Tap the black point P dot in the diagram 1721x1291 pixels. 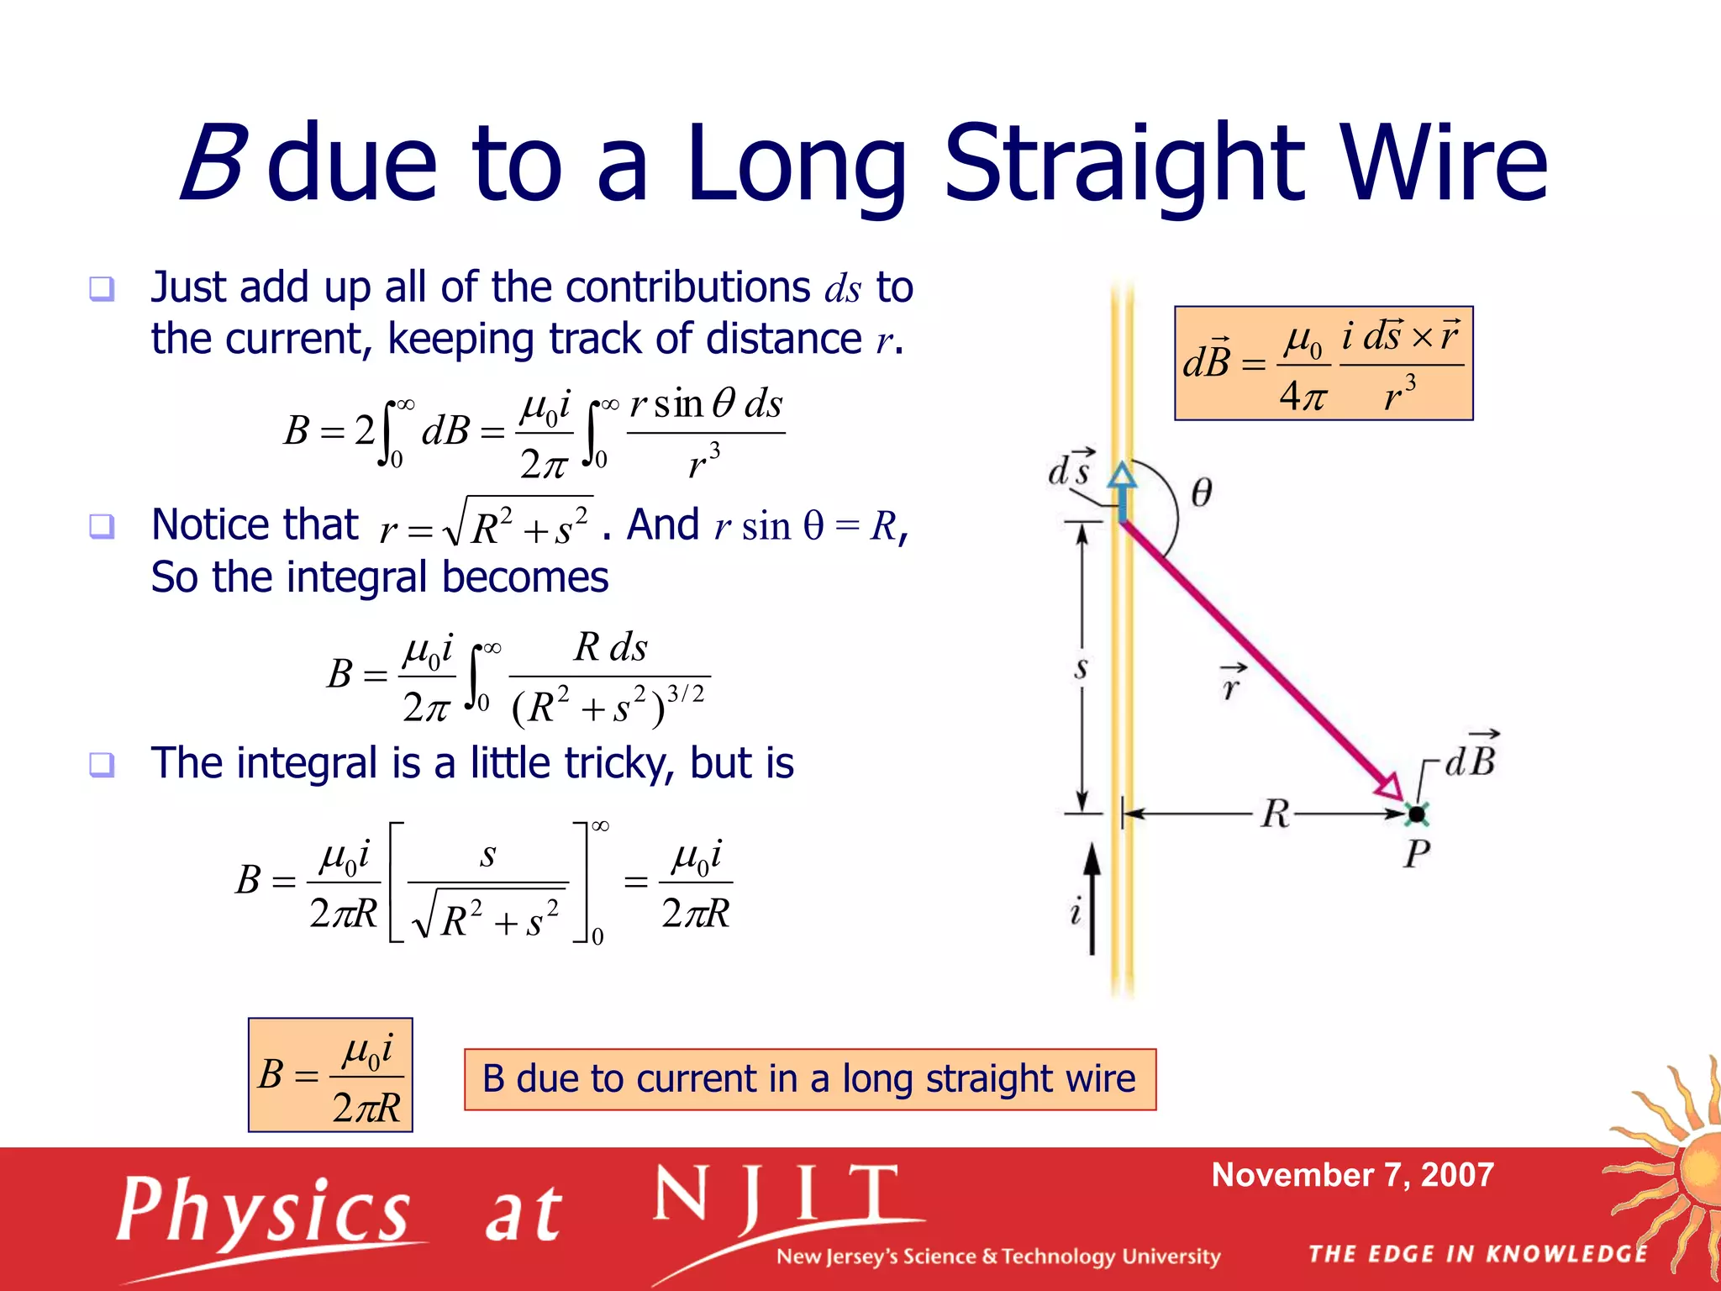click(x=1417, y=814)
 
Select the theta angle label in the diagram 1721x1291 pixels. click(x=1202, y=492)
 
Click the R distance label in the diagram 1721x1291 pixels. click(x=1275, y=814)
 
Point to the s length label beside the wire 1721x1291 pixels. click(x=1081, y=669)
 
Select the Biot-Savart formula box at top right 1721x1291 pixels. click(x=1323, y=363)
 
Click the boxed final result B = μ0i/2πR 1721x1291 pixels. click(x=330, y=1075)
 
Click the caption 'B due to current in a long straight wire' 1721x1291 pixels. click(x=809, y=1079)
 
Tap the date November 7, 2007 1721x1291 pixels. click(x=1352, y=1175)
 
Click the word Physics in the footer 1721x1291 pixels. click(x=263, y=1210)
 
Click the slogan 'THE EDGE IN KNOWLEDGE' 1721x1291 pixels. click(x=1478, y=1254)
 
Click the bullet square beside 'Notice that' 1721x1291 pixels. click(x=102, y=526)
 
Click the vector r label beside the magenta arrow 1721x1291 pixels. click(x=1232, y=682)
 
